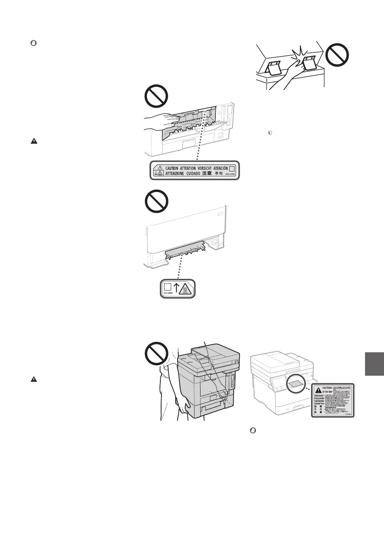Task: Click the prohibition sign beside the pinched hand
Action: point(337,56)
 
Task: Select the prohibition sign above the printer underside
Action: point(156,201)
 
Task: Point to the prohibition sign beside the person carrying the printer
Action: point(156,354)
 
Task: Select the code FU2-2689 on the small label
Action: point(167,294)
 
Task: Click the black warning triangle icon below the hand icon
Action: point(34,141)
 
